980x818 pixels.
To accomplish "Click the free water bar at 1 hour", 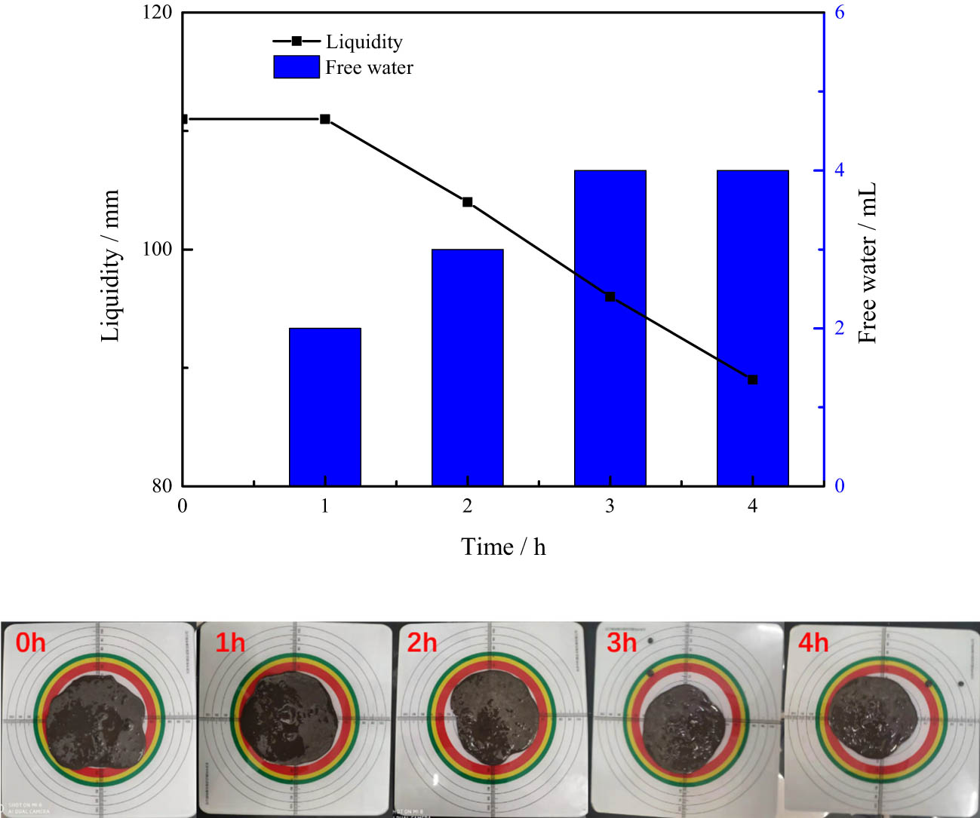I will tap(325, 407).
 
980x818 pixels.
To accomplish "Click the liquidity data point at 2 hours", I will tap(467, 202).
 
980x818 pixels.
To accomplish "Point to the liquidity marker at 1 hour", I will tap(325, 119).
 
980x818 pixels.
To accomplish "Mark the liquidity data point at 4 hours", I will tap(752, 379).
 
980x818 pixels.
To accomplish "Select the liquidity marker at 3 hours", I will tap(610, 297).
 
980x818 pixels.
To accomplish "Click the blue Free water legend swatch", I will tap(296, 67).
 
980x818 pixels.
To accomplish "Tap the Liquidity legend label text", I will tap(364, 42).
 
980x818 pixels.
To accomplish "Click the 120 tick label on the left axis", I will tap(158, 13).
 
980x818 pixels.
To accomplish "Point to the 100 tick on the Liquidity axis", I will tap(158, 250).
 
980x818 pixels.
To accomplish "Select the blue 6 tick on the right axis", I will tap(839, 13).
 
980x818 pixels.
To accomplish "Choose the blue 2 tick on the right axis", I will tap(839, 329).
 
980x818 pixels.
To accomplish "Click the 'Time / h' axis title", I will tap(503, 547).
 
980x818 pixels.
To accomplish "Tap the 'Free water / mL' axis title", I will tap(868, 262).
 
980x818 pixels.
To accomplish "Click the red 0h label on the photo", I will tap(31, 643).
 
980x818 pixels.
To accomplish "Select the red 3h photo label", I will tap(622, 643).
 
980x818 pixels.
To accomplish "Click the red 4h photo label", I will tap(813, 643).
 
